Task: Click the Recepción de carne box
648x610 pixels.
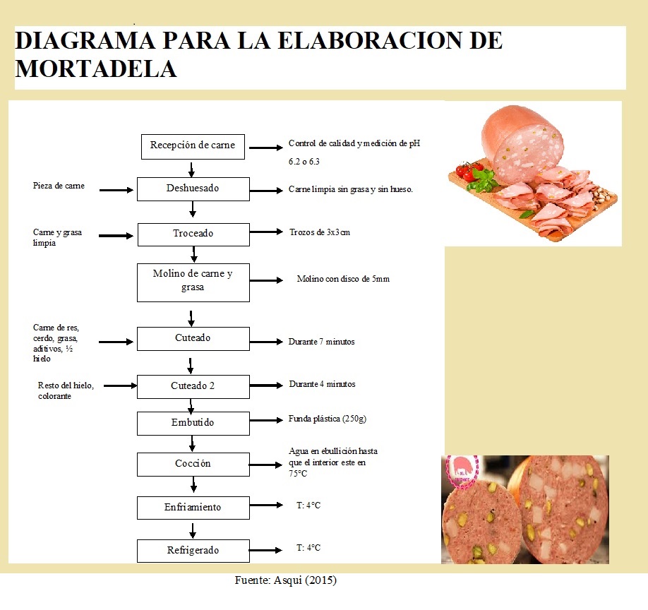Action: point(193,147)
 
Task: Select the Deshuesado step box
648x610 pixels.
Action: point(193,189)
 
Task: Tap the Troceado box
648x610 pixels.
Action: point(193,234)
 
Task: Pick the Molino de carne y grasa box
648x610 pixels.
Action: point(193,282)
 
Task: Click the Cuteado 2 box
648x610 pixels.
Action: point(193,387)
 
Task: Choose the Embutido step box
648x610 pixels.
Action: point(193,423)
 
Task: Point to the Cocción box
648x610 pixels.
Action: point(193,465)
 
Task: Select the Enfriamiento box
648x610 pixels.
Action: point(193,508)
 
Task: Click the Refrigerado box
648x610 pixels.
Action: point(193,551)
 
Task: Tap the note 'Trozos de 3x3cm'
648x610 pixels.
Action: point(320,232)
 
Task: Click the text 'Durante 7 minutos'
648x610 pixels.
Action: point(321,342)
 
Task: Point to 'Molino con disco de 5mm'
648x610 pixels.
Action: point(343,279)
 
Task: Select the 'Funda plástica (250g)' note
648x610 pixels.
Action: point(328,419)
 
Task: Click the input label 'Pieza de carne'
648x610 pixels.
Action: point(59,186)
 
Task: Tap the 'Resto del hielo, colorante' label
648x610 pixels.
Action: point(66,390)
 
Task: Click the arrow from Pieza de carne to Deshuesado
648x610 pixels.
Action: point(116,190)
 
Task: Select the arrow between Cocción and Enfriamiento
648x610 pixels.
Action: point(193,484)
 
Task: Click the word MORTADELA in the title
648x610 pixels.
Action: point(96,68)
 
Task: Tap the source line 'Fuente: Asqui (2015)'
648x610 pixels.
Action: point(286,580)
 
